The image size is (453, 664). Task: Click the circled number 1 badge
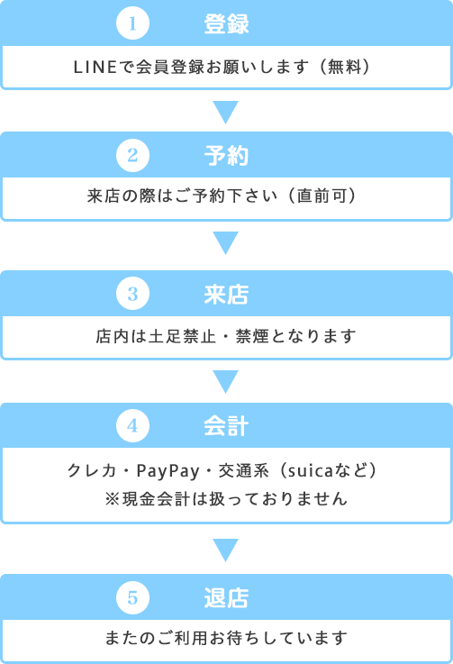[x=132, y=23]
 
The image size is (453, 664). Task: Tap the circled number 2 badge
[x=132, y=155]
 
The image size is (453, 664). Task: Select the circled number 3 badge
[x=132, y=294]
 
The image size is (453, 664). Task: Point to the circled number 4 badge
[x=132, y=425]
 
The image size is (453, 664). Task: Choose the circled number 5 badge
[x=132, y=597]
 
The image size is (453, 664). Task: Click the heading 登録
[x=226, y=23]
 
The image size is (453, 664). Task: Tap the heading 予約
[x=226, y=155]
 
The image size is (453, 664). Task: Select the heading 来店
[x=226, y=295]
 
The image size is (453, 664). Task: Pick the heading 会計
[x=226, y=426]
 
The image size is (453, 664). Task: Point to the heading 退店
[x=226, y=598]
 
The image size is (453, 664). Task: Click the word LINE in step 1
[x=95, y=67]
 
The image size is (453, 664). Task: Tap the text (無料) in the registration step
[x=345, y=67]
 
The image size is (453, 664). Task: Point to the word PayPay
[x=168, y=471]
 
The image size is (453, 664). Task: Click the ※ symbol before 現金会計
[x=113, y=499]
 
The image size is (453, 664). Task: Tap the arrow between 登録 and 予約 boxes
[x=226, y=113]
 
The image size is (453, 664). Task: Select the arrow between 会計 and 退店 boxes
[x=226, y=550]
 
